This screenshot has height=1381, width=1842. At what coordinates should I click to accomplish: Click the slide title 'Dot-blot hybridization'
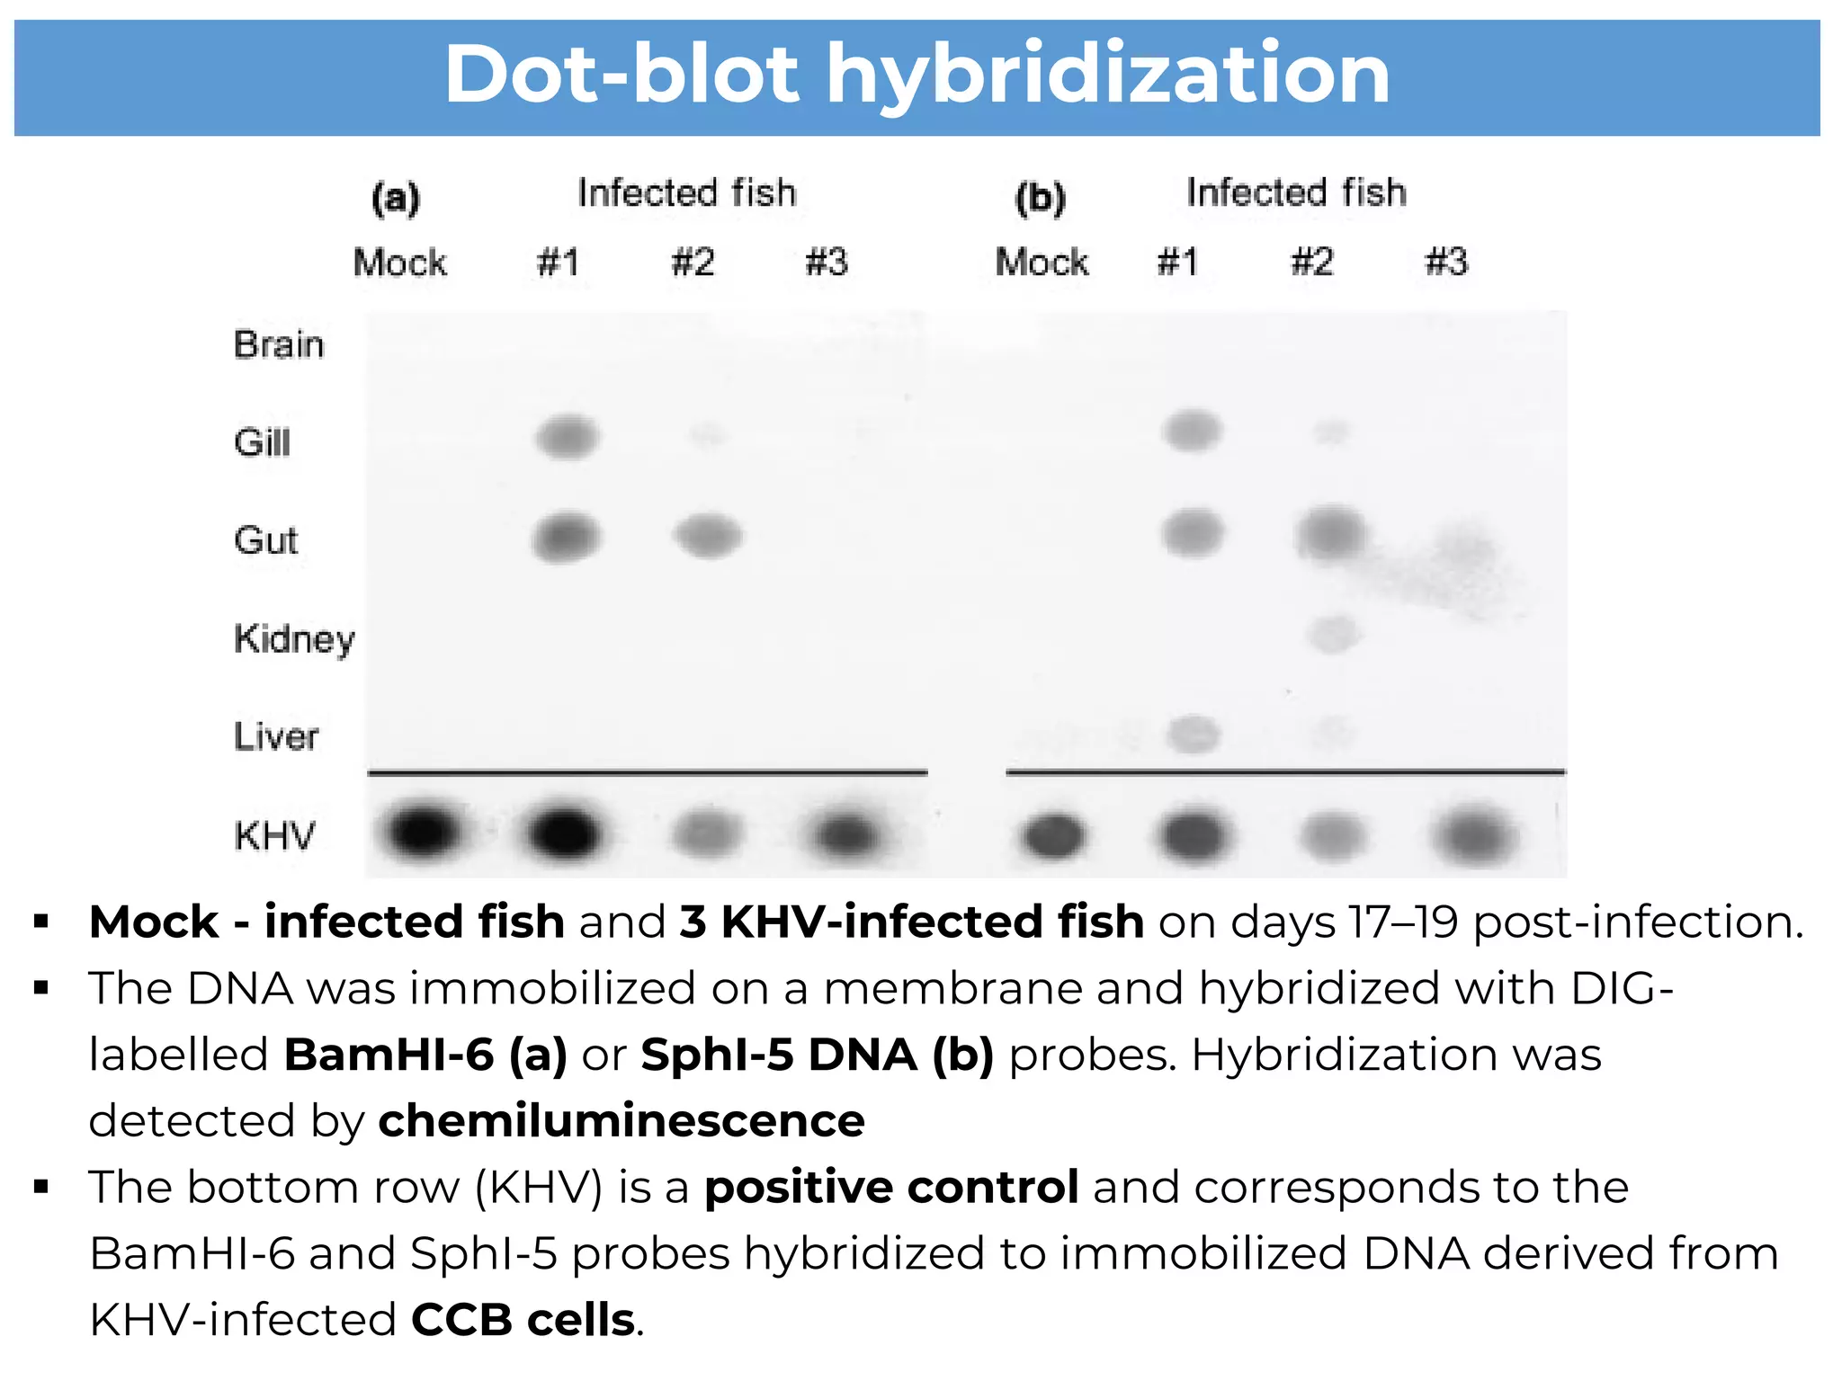(917, 76)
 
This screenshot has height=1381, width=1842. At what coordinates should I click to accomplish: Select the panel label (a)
(396, 197)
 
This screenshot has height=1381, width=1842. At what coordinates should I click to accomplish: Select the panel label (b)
(1040, 197)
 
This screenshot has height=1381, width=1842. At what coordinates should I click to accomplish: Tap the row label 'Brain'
(279, 345)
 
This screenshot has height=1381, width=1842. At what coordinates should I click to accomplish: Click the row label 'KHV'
(274, 836)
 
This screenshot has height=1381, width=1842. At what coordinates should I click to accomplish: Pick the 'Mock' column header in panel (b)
(1042, 263)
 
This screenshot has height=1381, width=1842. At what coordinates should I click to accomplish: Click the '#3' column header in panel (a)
(827, 263)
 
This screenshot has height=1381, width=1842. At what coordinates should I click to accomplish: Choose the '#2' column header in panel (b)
(1311, 263)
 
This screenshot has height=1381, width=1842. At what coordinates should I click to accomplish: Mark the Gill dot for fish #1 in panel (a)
(567, 438)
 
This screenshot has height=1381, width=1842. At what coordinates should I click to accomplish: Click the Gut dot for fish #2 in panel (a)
(708, 536)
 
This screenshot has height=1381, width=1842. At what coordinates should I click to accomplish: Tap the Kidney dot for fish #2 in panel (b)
(1333, 634)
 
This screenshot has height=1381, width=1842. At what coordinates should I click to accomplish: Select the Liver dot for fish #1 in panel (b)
(1193, 735)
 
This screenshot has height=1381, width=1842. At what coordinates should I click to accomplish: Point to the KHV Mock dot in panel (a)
(423, 831)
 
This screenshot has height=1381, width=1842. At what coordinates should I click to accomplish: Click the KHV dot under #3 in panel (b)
(1475, 836)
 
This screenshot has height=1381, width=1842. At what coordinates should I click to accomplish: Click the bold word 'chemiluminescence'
(621, 1121)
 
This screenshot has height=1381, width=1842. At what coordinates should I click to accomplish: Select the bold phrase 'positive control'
(890, 1187)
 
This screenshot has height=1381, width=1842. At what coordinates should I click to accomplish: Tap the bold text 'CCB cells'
(523, 1320)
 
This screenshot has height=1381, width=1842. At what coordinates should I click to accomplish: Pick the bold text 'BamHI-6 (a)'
(425, 1055)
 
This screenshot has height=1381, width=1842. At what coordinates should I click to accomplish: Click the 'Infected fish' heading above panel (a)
(686, 192)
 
